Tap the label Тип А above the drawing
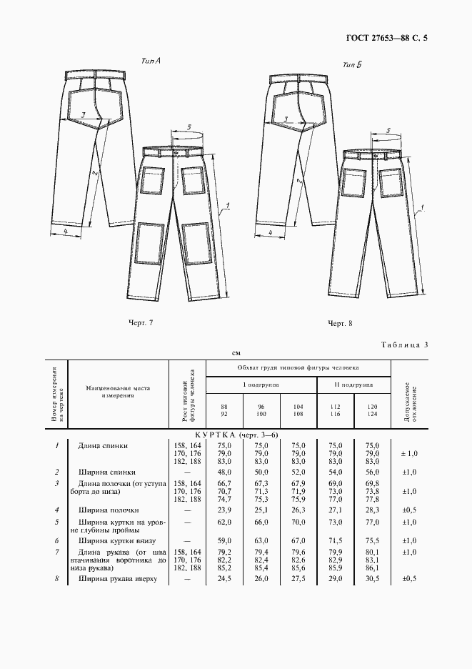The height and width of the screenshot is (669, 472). click(x=151, y=62)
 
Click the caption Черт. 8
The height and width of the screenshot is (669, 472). click(x=341, y=324)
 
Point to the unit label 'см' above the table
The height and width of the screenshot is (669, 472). click(x=236, y=353)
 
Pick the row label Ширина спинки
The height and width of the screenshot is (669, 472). click(x=107, y=472)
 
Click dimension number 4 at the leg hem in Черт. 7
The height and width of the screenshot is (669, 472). click(x=65, y=232)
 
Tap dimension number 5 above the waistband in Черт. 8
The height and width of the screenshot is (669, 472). click(x=386, y=131)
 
